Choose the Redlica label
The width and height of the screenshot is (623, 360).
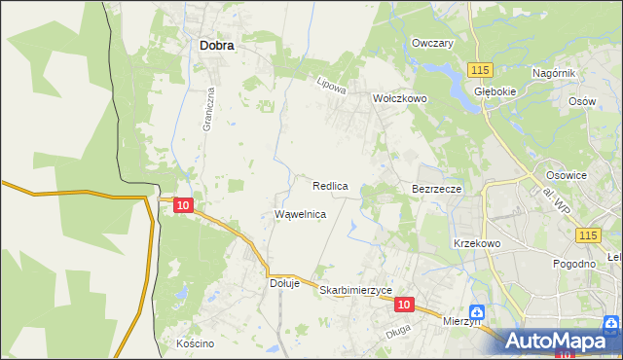[331, 185]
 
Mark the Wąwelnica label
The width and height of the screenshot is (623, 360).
[300, 213]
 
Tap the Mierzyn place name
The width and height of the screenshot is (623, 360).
[462, 320]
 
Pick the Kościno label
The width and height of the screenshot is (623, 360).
[195, 343]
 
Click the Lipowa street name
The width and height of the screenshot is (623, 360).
[332, 86]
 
